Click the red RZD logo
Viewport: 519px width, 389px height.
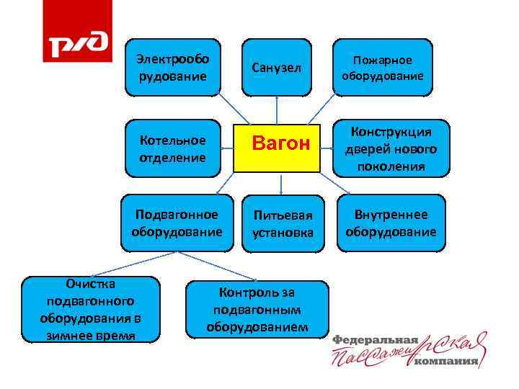[x=77, y=32]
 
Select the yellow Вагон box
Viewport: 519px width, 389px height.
[x=277, y=144]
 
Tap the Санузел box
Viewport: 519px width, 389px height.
[x=277, y=68]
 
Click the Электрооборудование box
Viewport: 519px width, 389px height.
[x=173, y=68]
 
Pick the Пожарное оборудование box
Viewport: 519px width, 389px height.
[x=382, y=68]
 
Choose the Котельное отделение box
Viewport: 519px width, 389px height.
[x=173, y=148]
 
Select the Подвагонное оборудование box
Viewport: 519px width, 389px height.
[x=177, y=223]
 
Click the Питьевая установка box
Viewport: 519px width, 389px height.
[x=283, y=223]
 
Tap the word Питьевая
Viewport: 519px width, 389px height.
[x=283, y=216]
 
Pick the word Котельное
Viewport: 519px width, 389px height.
[x=172, y=140]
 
